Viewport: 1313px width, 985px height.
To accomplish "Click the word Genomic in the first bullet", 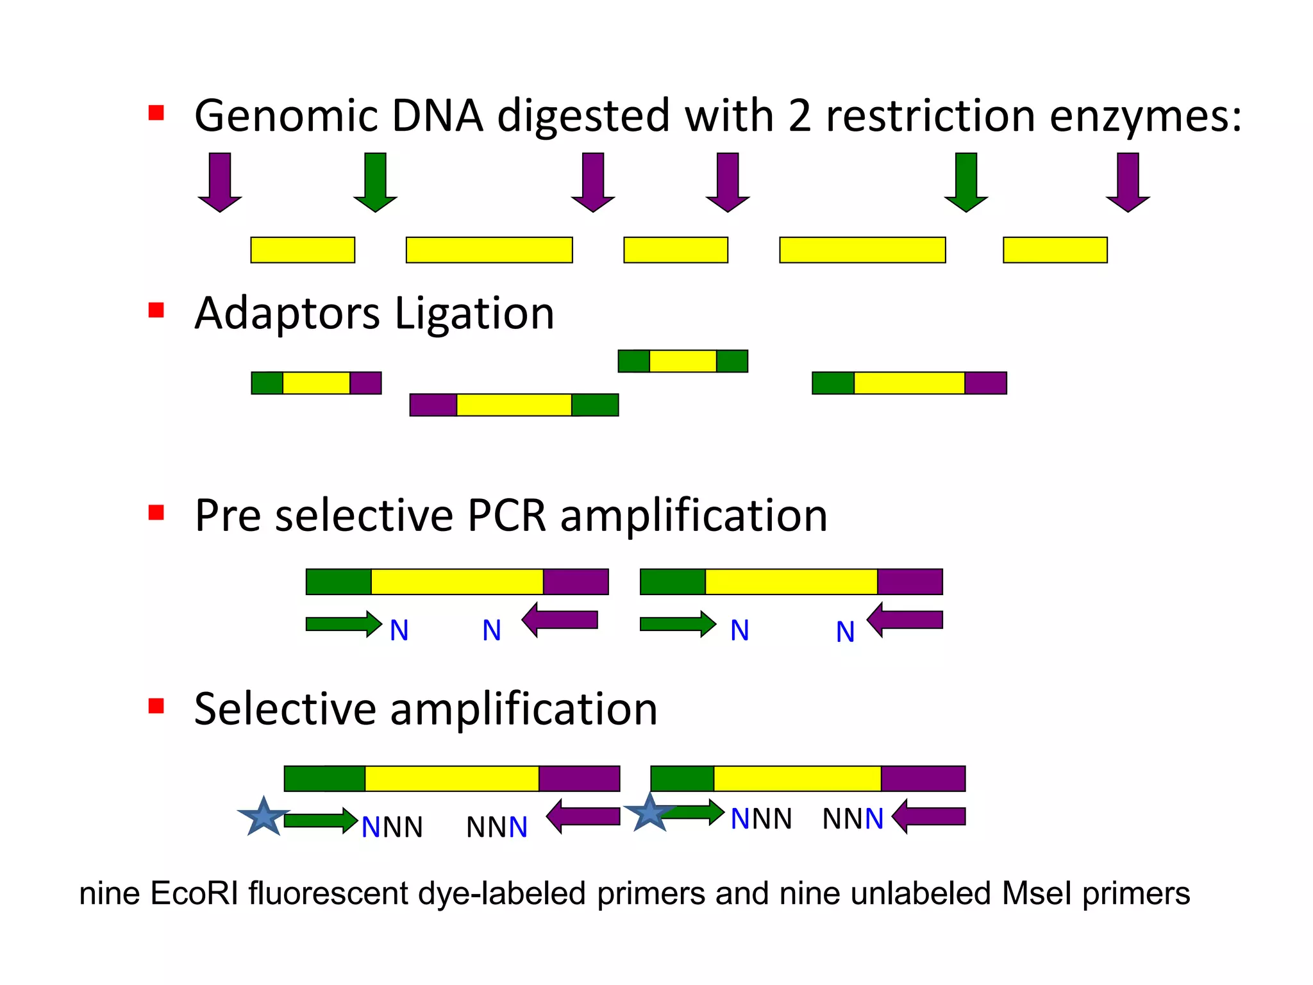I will point(287,117).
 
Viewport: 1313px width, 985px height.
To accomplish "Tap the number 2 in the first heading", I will point(799,117).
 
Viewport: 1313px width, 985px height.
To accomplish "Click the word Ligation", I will point(474,314).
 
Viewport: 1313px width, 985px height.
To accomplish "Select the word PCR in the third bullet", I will point(506,516).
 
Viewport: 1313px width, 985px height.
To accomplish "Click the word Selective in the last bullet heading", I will point(285,709).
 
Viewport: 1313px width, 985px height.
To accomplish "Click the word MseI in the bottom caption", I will point(1037,893).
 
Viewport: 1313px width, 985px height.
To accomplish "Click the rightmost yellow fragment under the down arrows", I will point(1055,250).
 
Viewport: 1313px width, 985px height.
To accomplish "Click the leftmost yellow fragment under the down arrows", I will point(303,250).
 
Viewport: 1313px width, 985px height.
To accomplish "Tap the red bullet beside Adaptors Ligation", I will point(156,310).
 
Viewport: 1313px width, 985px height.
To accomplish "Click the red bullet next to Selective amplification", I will point(156,706).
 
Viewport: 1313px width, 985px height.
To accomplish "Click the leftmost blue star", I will point(263,818).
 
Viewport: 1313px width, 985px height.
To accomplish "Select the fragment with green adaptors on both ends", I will point(683,361).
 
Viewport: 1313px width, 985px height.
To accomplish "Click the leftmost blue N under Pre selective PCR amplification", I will point(399,631).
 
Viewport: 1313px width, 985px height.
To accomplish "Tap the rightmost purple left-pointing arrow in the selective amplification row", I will point(929,816).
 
